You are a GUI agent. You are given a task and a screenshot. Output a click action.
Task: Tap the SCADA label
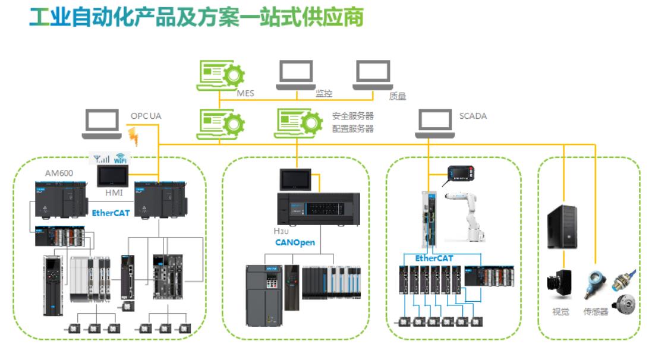[x=473, y=116]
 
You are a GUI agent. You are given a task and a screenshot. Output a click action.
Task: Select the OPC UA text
[x=146, y=116]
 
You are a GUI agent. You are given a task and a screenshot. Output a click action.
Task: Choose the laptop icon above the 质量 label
[x=373, y=74]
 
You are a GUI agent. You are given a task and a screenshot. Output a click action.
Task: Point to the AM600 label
[x=60, y=173]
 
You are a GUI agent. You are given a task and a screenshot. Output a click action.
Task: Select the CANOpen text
[x=295, y=242]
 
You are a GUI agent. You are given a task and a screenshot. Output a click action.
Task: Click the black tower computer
[x=562, y=227]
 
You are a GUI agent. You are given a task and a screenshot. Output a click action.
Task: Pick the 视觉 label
[x=560, y=311]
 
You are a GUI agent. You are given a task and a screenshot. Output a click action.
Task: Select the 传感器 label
[x=596, y=311]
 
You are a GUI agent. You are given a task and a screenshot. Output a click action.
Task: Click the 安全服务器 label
[x=352, y=116]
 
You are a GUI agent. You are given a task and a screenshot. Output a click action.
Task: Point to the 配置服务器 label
[x=352, y=128]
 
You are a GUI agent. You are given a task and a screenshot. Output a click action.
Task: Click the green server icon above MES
[x=221, y=75]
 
